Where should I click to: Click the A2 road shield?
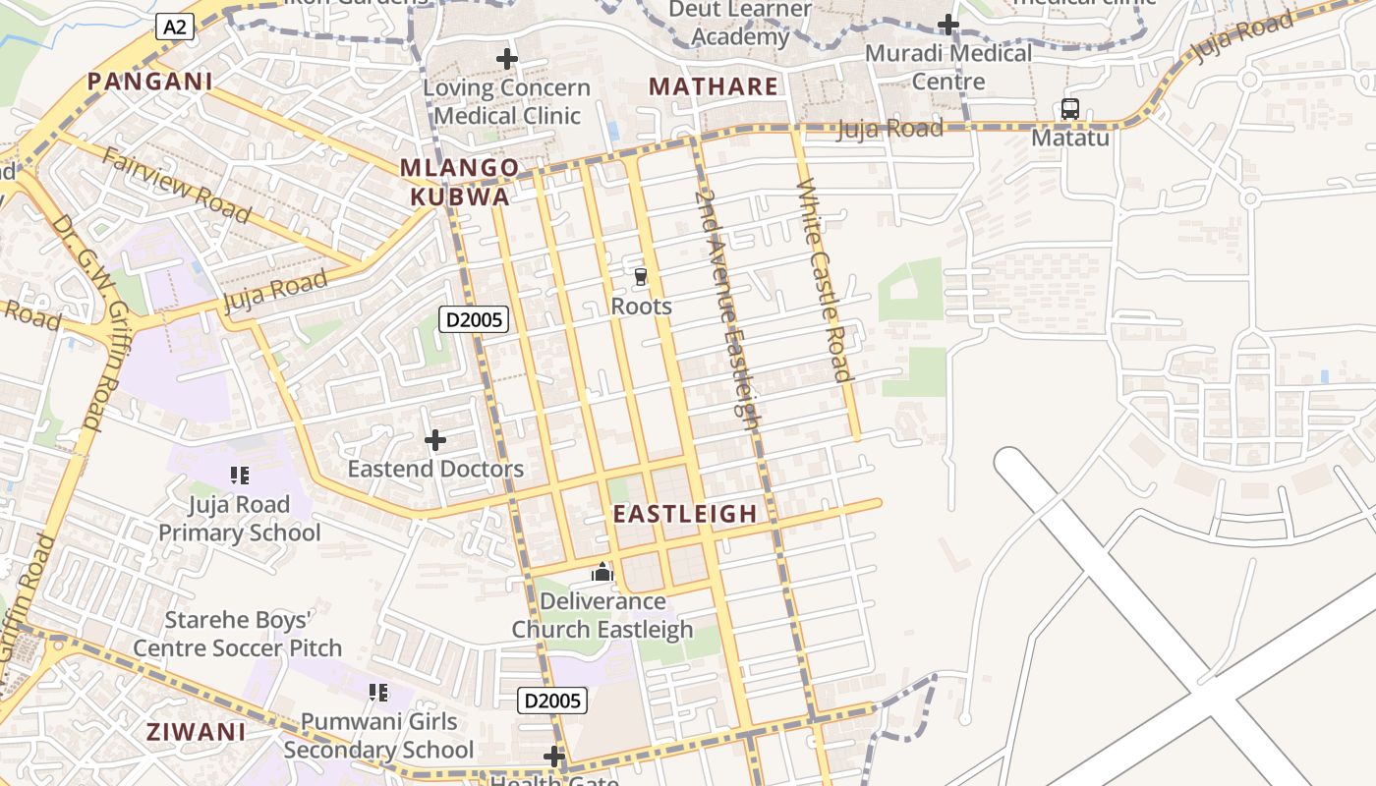pos(175,28)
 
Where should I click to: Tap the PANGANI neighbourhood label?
pos(149,82)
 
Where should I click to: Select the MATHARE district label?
pos(714,86)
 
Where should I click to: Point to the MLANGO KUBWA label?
pos(459,182)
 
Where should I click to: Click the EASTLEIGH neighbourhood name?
pos(685,514)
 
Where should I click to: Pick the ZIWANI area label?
pos(197,732)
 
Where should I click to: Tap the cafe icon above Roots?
pos(641,277)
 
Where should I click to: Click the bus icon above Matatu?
pos(1070,109)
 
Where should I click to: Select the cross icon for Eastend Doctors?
pos(435,440)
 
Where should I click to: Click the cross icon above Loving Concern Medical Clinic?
pos(507,59)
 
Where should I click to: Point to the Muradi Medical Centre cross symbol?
pos(948,25)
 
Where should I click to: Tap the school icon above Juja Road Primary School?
pos(240,476)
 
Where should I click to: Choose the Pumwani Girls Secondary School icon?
pos(378,693)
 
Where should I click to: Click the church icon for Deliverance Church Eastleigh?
pos(602,572)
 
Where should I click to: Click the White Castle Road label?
pos(824,279)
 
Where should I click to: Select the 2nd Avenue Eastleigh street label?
pos(727,309)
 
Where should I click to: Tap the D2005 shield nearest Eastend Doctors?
pos(473,318)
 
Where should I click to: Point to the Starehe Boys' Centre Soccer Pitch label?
pos(238,634)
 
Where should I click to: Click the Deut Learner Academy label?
pos(740,24)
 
